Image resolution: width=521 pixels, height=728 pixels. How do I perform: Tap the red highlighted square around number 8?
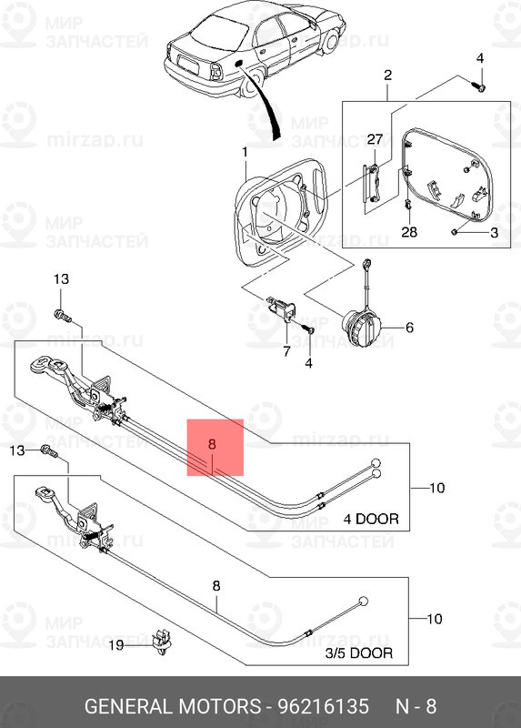point(215,448)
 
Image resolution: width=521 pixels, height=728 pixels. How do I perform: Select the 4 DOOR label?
point(371,519)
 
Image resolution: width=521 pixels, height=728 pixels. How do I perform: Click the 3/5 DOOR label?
point(358,652)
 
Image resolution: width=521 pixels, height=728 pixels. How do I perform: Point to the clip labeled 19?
point(162,642)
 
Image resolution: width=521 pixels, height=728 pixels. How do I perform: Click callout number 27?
point(375,139)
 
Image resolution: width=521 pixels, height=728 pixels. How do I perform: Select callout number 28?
point(409,231)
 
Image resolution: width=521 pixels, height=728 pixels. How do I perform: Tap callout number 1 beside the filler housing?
point(245,152)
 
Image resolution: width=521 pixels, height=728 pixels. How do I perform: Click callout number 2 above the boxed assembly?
point(387,75)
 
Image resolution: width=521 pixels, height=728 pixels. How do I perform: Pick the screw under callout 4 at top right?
point(481,86)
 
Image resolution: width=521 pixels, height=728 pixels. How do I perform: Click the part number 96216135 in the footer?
point(324,706)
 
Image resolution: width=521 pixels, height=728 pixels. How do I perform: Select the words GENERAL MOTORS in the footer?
point(173,706)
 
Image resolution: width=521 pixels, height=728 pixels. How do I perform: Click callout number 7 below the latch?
point(286,350)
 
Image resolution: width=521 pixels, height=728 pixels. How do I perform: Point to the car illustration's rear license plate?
point(188,62)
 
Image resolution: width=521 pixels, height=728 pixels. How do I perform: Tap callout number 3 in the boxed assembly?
point(494,232)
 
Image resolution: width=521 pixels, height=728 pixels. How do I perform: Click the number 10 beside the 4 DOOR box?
point(436,488)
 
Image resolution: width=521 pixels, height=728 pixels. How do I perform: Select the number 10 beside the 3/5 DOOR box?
point(434,619)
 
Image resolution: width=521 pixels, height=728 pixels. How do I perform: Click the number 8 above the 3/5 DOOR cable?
point(216,586)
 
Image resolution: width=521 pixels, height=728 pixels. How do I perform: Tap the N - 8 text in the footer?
point(416,706)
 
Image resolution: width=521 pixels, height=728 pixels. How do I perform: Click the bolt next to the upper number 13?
point(63,316)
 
